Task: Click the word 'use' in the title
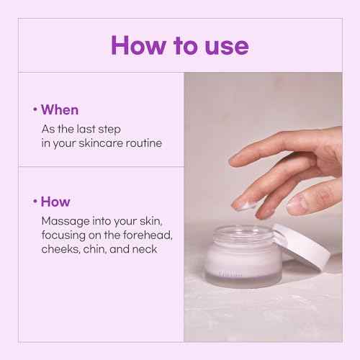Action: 227,46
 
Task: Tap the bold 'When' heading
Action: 60,110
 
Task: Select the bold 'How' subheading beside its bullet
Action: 55,202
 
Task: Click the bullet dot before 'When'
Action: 35,109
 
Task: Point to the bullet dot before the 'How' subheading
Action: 35,201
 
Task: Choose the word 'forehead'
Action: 148,235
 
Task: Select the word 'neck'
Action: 145,249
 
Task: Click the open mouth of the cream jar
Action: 243,233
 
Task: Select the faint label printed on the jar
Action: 230,274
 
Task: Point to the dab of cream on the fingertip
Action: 245,205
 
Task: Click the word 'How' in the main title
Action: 138,45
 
